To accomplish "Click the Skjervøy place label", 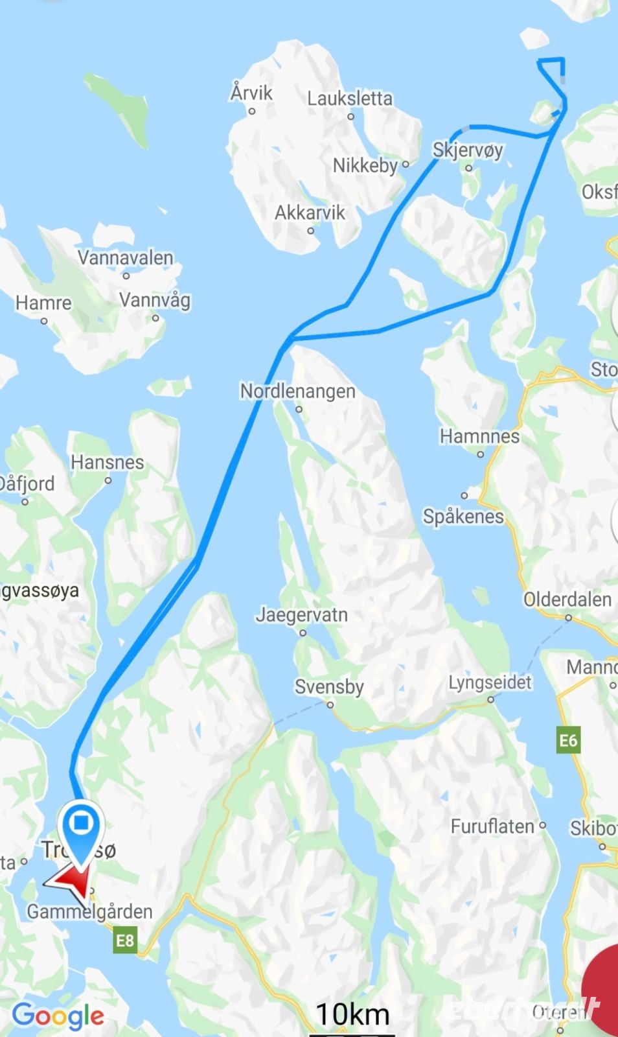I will pyautogui.click(x=468, y=150).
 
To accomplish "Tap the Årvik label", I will pyautogui.click(x=251, y=93).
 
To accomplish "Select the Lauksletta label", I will pyautogui.click(x=350, y=99).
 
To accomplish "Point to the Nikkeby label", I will pyautogui.click(x=365, y=165).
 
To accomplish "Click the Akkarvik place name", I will pyautogui.click(x=310, y=213).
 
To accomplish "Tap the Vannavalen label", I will pyautogui.click(x=126, y=258).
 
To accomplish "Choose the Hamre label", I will pyautogui.click(x=43, y=303).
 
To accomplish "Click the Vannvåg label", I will pyautogui.click(x=155, y=300).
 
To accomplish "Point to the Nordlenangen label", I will pyautogui.click(x=297, y=391).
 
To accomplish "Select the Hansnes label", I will pyautogui.click(x=108, y=463).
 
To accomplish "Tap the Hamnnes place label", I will pyautogui.click(x=479, y=437).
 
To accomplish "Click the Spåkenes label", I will pyautogui.click(x=463, y=517).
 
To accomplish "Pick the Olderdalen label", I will pyautogui.click(x=567, y=600).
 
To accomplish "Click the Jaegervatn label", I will pyautogui.click(x=301, y=614).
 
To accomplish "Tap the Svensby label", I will pyautogui.click(x=329, y=687).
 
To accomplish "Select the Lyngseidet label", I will pyautogui.click(x=490, y=682).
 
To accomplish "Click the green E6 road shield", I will pyautogui.click(x=567, y=740).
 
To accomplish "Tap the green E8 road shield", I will pyautogui.click(x=125, y=940).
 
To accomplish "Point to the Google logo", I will pyautogui.click(x=58, y=1016).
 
